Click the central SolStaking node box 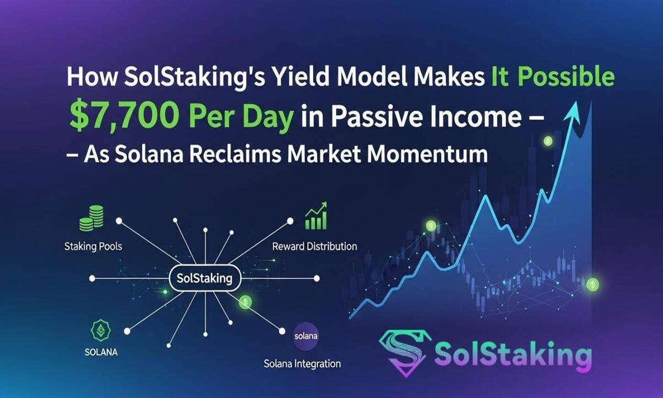tap(204, 278)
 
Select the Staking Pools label tap(93, 246)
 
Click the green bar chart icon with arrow tap(315, 217)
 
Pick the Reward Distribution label tap(314, 246)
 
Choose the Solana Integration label tap(302, 364)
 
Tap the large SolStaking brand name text tap(513, 354)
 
